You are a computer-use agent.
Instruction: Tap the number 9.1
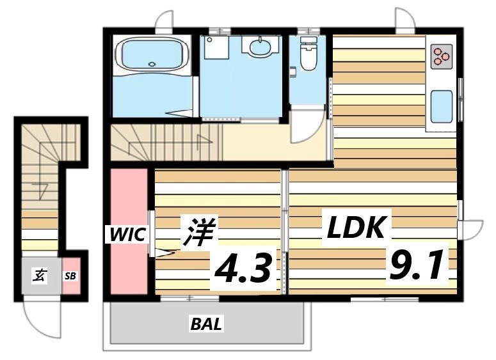tap(416, 265)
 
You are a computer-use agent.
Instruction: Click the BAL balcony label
tap(206, 325)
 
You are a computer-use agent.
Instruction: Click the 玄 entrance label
tap(40, 276)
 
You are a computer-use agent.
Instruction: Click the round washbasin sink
tap(260, 47)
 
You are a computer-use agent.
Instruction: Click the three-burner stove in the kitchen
tap(441, 56)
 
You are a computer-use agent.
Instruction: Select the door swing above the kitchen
tap(405, 20)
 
